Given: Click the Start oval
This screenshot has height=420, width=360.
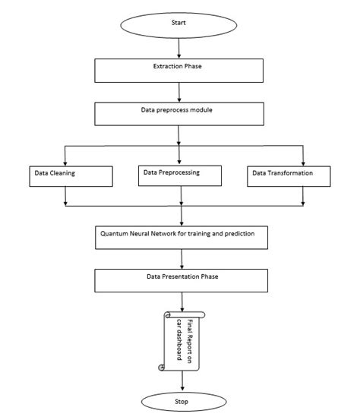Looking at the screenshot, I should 179,22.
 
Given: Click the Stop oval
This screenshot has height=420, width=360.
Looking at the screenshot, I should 180,400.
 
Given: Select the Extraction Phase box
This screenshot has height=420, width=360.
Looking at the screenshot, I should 179,70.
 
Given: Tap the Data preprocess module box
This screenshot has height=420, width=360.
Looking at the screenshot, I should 179,112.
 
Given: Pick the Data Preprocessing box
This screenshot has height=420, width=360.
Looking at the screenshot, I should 181,175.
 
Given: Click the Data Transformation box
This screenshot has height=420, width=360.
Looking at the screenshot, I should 291,175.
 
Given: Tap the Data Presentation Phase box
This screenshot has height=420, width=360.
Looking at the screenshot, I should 180,279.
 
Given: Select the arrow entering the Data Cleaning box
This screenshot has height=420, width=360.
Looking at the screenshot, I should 66,154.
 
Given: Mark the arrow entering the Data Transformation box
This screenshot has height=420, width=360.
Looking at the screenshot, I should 303,154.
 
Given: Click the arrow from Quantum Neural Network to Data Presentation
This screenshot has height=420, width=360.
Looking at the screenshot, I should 180,258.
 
